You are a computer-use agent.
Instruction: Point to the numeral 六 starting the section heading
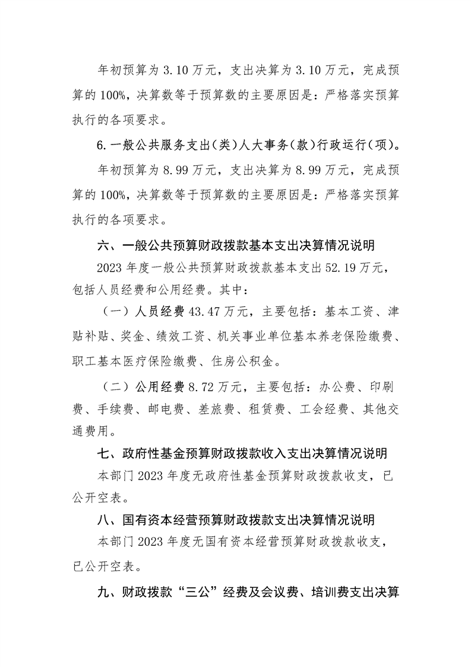[103, 246]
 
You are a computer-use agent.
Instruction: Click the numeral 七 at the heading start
[103, 454]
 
